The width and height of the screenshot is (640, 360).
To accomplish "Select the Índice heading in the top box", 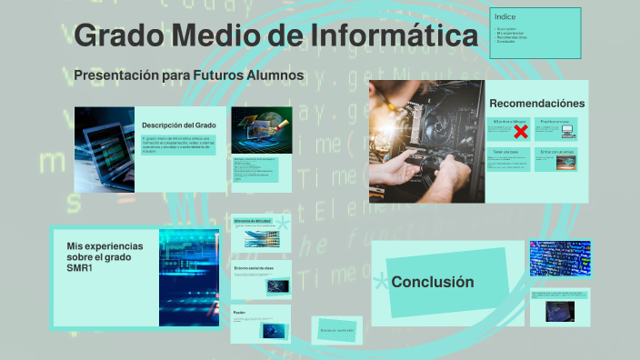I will (505, 17).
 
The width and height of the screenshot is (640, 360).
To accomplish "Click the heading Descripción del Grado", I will (179, 125).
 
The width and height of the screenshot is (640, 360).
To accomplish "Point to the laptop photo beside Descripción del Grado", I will (105, 148).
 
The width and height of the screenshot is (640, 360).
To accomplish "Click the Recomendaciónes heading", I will (536, 104).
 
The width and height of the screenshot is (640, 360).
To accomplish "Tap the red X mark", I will (521, 133).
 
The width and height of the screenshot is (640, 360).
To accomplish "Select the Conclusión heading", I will (433, 282).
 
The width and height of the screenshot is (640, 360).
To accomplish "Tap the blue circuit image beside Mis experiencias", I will (188, 276).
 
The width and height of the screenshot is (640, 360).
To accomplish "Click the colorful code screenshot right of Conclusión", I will (560, 258).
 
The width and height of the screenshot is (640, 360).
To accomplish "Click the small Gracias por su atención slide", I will (336, 330).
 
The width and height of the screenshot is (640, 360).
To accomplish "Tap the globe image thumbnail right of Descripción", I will (262, 128).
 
